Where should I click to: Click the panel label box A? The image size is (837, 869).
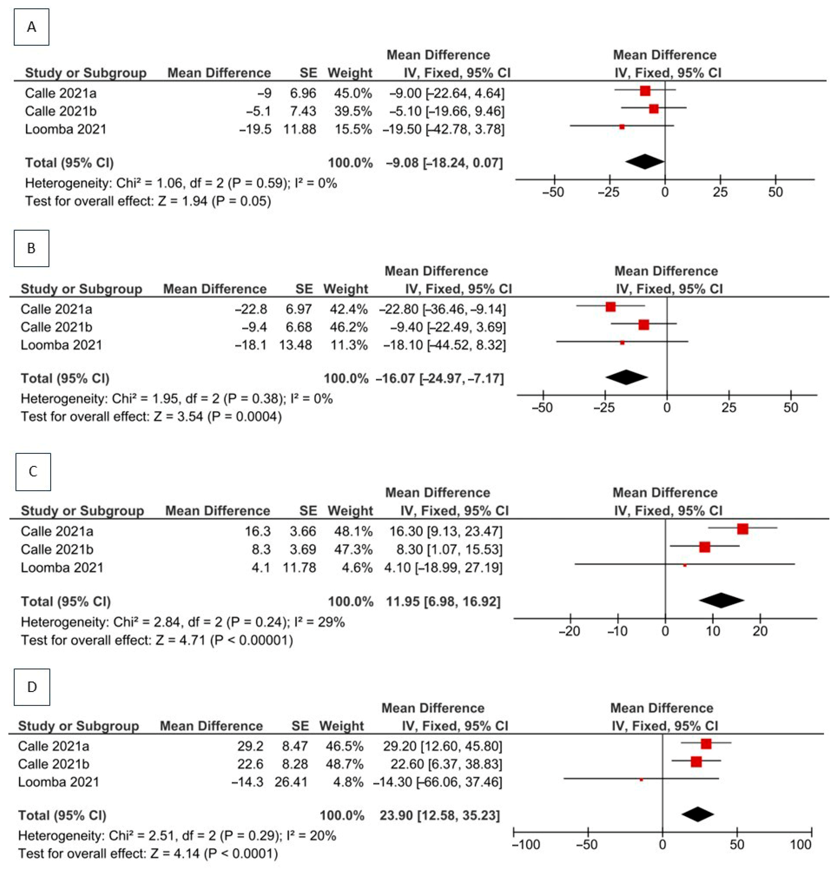32,27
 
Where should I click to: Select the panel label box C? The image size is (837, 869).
33,472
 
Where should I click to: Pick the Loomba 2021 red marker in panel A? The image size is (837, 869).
622,127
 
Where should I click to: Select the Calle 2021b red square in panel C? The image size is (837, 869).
704,547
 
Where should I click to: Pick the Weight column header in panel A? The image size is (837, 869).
350,73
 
